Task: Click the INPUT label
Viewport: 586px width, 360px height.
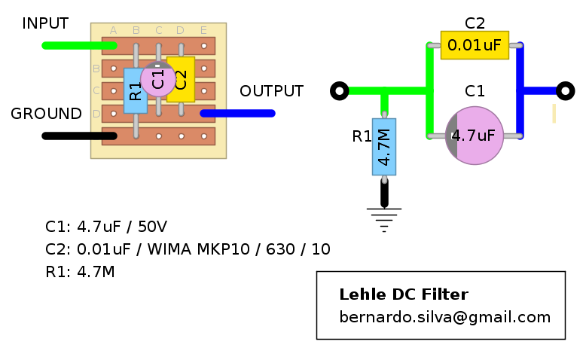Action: [45, 23]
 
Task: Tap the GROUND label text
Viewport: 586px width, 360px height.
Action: [46, 114]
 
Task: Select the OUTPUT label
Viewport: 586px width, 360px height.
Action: [271, 91]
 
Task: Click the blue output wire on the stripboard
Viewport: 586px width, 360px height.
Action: [237, 114]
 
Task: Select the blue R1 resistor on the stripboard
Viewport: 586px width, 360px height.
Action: [135, 90]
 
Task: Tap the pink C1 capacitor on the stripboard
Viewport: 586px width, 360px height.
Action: [157, 79]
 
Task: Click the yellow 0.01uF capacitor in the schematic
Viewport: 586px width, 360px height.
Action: [475, 45]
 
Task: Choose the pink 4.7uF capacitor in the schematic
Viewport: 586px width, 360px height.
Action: [475, 136]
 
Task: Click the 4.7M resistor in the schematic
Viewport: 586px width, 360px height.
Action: [384, 146]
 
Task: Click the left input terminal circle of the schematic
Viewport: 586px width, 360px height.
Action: [340, 91]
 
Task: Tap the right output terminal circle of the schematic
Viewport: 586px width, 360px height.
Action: [566, 91]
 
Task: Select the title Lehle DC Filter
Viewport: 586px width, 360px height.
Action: [404, 294]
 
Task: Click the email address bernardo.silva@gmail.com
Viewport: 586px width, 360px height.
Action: [444, 317]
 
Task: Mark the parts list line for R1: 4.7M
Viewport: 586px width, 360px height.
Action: [81, 272]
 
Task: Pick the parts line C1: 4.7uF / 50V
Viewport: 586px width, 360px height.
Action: [106, 227]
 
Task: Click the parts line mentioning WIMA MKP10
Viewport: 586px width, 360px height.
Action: [188, 249]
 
